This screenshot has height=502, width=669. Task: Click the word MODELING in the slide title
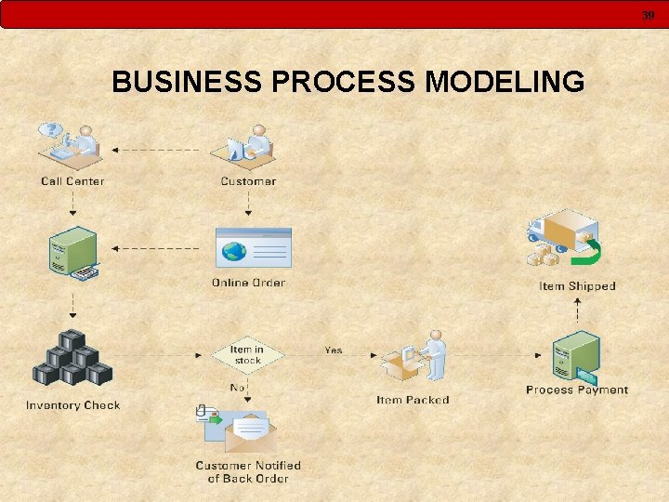pyautogui.click(x=505, y=83)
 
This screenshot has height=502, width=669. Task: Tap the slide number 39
pyautogui.click(x=647, y=15)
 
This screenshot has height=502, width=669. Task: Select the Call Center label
pyautogui.click(x=72, y=181)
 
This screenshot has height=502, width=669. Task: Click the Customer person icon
pyautogui.click(x=246, y=146)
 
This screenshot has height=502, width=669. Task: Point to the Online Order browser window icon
pyautogui.click(x=252, y=249)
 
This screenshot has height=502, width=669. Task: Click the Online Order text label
pyautogui.click(x=248, y=283)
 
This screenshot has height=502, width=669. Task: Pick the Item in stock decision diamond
pyautogui.click(x=247, y=355)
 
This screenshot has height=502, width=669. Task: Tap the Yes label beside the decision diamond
pyautogui.click(x=333, y=350)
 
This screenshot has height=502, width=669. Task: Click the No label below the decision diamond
pyautogui.click(x=238, y=387)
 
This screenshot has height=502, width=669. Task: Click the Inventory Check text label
pyautogui.click(x=72, y=405)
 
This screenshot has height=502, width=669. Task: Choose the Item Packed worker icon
pyautogui.click(x=413, y=358)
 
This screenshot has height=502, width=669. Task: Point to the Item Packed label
pyautogui.click(x=413, y=400)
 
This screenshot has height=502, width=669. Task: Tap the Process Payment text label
pyautogui.click(x=576, y=390)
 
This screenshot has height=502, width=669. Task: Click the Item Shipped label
pyautogui.click(x=577, y=286)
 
